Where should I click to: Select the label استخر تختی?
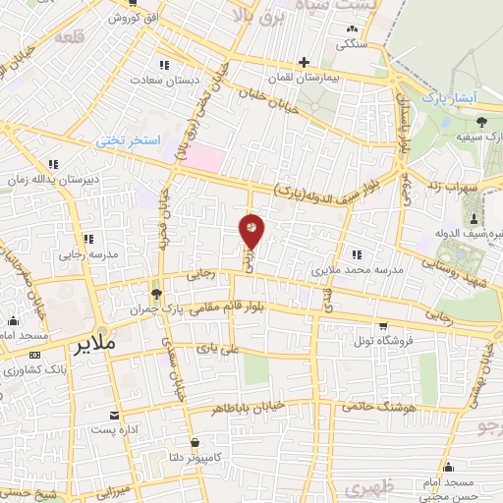click(x=128, y=140)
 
